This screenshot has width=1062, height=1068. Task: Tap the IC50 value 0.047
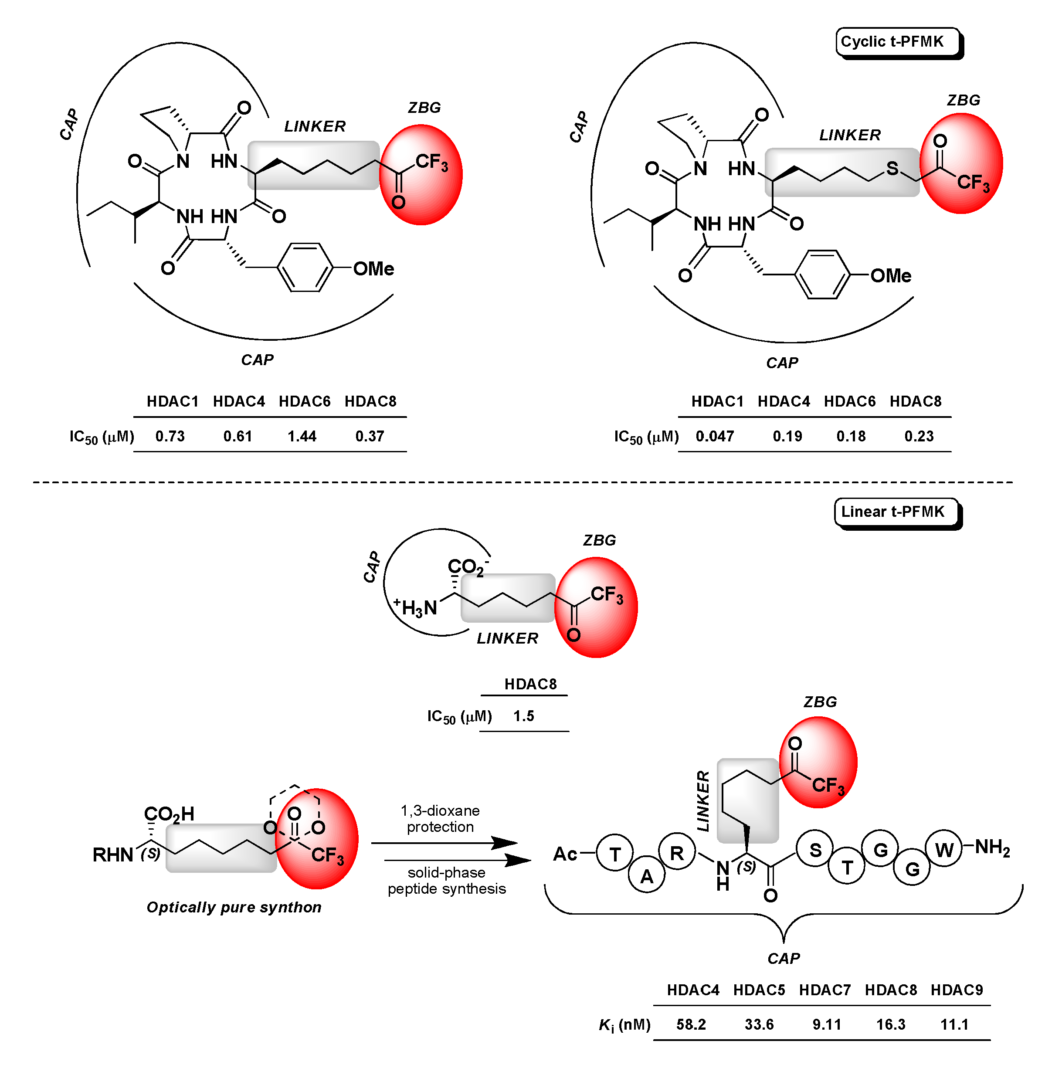click(x=714, y=436)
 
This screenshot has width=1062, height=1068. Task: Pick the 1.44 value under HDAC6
click(x=302, y=436)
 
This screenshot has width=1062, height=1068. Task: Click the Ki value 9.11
click(x=827, y=1024)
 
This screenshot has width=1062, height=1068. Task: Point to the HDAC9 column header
click(x=957, y=990)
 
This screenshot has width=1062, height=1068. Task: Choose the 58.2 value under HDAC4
click(x=691, y=1024)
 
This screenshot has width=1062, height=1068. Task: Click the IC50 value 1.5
click(x=523, y=716)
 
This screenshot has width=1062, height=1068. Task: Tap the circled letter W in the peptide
click(x=944, y=850)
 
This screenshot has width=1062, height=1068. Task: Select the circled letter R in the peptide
click(x=677, y=853)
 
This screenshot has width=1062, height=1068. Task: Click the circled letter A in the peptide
click(x=647, y=876)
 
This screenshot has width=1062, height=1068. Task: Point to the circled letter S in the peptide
click(x=815, y=850)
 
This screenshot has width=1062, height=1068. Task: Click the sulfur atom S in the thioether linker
click(x=892, y=169)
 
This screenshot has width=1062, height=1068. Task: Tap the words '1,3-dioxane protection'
click(x=440, y=819)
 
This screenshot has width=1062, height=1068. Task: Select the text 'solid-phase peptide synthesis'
click(x=447, y=881)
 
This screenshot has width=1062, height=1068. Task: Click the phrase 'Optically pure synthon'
click(x=234, y=907)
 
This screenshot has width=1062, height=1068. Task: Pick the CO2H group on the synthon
click(x=169, y=814)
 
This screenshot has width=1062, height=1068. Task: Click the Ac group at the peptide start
click(x=565, y=854)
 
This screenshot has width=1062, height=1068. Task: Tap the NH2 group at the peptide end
click(x=992, y=847)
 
